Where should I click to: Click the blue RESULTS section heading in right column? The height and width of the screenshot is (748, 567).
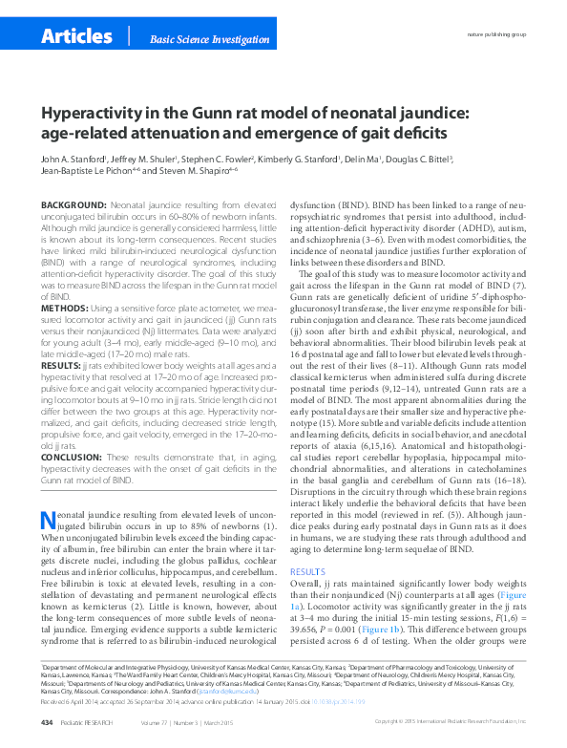[307, 569]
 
